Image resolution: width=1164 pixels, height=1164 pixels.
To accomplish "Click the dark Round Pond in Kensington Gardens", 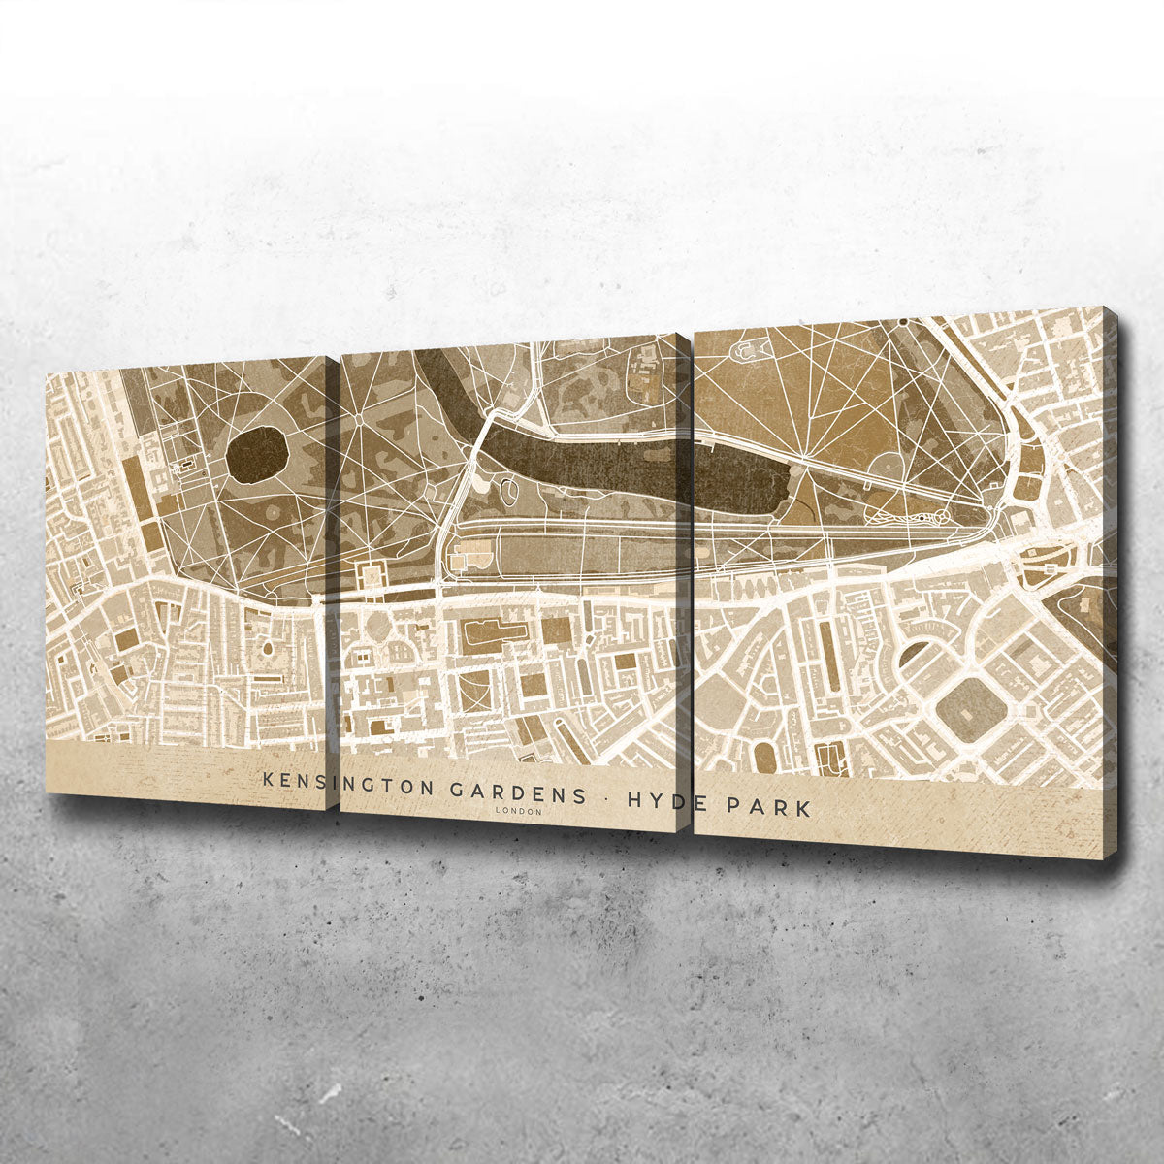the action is (258, 454).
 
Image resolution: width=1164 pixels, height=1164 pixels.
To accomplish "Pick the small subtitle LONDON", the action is (518, 811).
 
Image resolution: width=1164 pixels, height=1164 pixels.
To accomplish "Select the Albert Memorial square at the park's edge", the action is (372, 575).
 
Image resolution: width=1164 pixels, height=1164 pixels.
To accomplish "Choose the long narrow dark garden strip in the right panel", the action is (829, 645).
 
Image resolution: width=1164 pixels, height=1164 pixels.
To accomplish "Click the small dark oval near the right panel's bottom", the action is (765, 756).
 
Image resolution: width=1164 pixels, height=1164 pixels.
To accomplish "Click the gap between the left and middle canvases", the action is (332, 582).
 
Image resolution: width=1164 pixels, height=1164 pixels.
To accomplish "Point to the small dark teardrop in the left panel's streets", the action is (266, 647).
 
